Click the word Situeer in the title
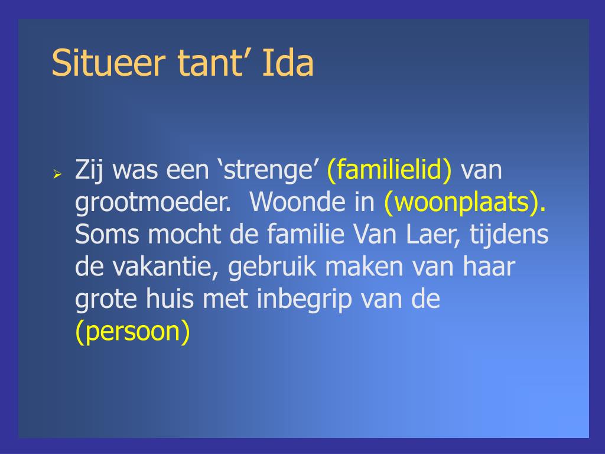109,63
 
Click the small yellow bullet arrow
57,174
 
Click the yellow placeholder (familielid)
389,170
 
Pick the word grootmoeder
153,202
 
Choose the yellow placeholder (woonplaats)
465,202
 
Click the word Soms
107,234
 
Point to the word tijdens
509,235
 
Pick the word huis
170,299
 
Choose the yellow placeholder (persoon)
133,332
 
